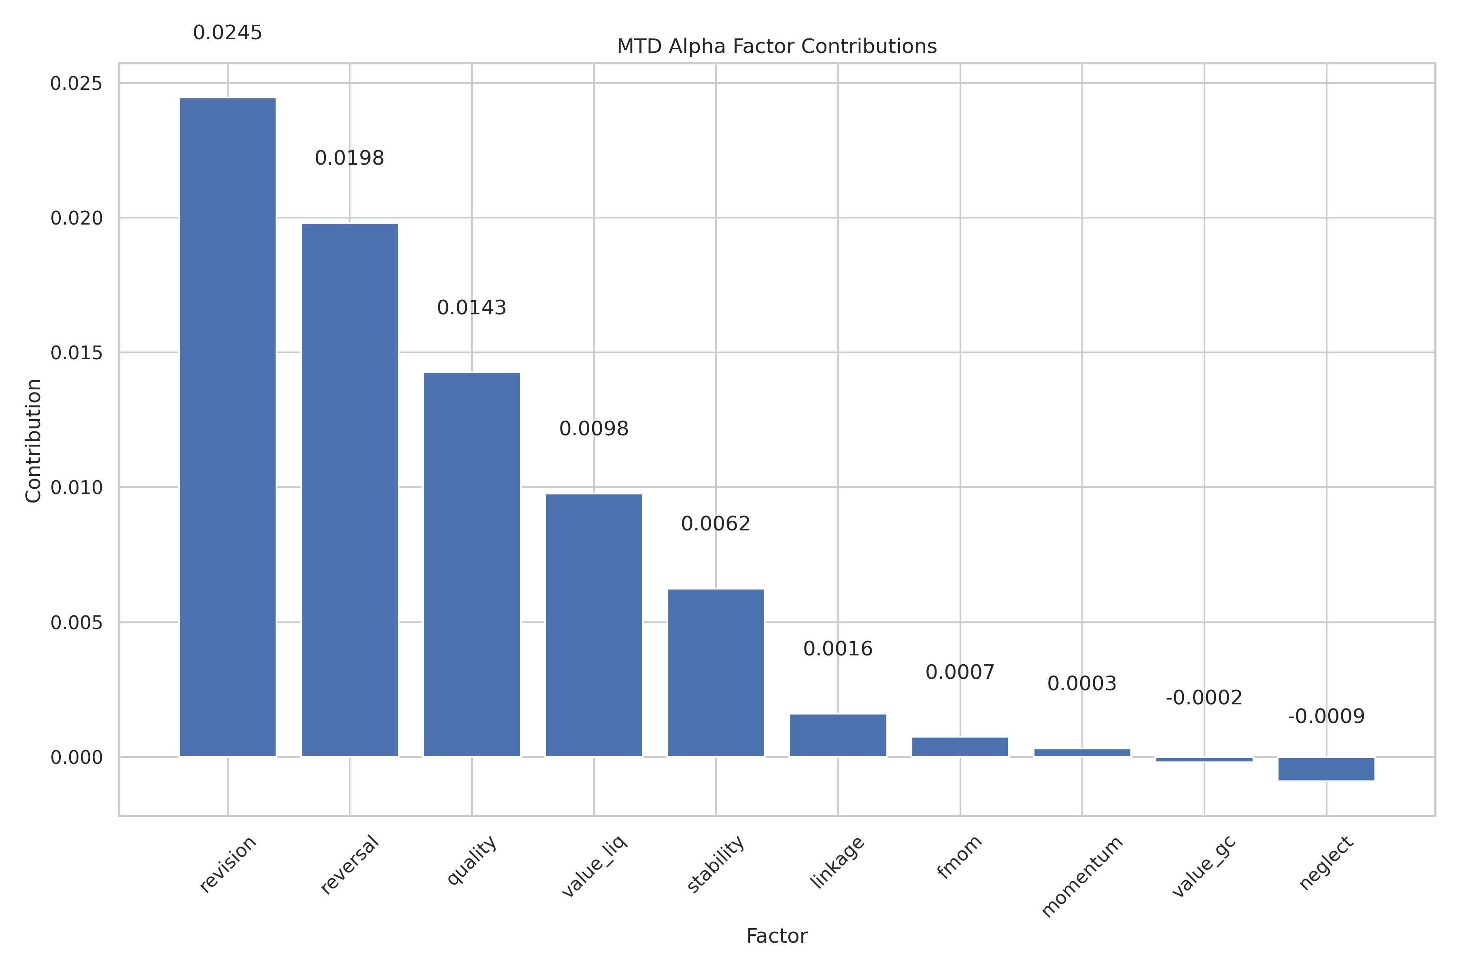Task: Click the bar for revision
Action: [x=227, y=427]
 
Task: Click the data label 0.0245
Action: [x=227, y=33]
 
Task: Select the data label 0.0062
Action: [x=716, y=524]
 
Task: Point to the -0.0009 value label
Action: [x=1326, y=717]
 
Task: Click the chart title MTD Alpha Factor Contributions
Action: [x=777, y=47]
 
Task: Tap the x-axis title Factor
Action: [x=777, y=936]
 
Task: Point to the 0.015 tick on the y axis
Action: [x=76, y=353]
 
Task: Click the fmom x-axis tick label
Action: [x=959, y=857]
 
